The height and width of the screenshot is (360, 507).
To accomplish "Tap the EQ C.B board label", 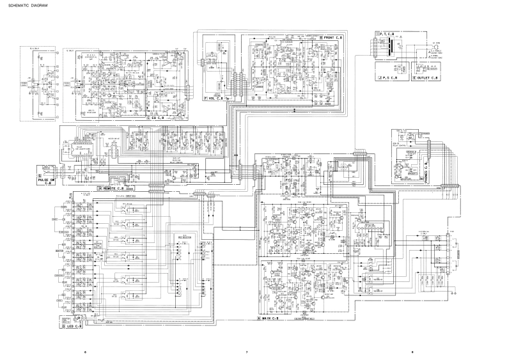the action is [157, 118].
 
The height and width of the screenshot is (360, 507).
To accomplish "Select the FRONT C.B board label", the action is [333, 38].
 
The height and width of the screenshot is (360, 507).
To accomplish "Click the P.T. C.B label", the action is [391, 33].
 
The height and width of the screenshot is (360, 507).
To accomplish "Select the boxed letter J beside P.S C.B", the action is [380, 77].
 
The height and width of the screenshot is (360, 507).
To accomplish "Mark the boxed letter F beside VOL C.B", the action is [205, 98].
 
